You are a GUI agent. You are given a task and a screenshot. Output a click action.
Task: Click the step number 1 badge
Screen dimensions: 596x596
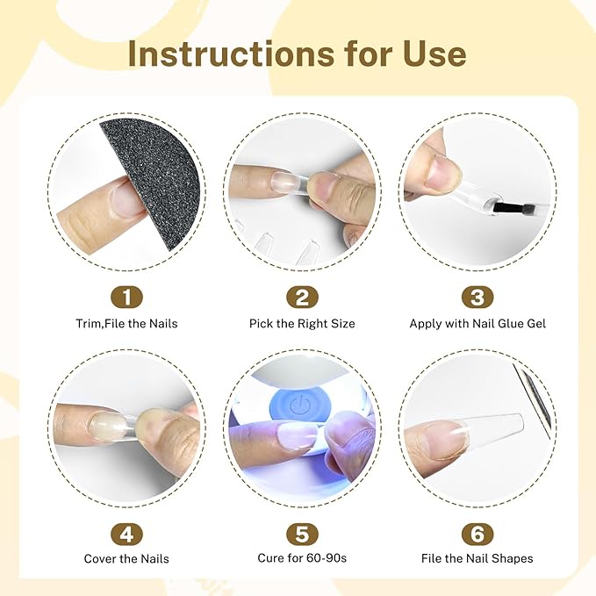coord(127,297)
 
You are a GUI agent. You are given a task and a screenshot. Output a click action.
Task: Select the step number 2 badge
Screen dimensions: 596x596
coord(302,297)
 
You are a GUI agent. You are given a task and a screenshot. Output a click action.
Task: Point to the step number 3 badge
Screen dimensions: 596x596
coord(478,297)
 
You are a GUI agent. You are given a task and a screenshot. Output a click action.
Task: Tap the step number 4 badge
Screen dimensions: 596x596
coord(127,534)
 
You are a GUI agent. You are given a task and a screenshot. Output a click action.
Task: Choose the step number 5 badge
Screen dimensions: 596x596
coord(302,534)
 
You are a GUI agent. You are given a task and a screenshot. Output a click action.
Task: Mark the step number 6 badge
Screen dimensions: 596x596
coord(478,534)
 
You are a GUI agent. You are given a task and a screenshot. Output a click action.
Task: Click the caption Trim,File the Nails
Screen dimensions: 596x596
coord(126,324)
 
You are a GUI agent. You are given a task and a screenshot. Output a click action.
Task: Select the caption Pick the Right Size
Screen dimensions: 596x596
coord(302,324)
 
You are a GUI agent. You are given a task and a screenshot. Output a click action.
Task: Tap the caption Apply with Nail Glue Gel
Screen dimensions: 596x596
coord(478,324)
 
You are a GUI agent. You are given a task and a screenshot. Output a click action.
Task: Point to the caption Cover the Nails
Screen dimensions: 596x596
coord(126,559)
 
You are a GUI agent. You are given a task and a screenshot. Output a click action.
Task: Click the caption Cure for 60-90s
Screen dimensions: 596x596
coord(302,558)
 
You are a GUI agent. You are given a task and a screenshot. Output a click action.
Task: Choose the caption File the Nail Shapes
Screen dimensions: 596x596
coord(478,558)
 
